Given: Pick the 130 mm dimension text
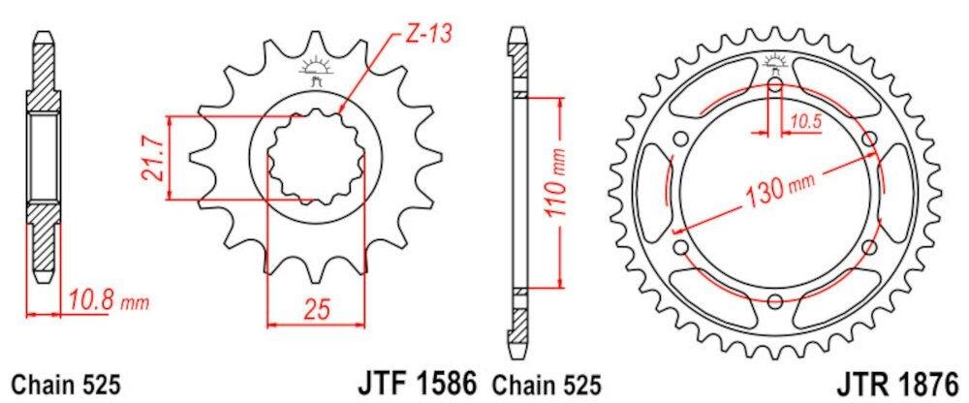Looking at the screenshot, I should (781, 193).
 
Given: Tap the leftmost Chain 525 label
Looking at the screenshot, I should (65, 383).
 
